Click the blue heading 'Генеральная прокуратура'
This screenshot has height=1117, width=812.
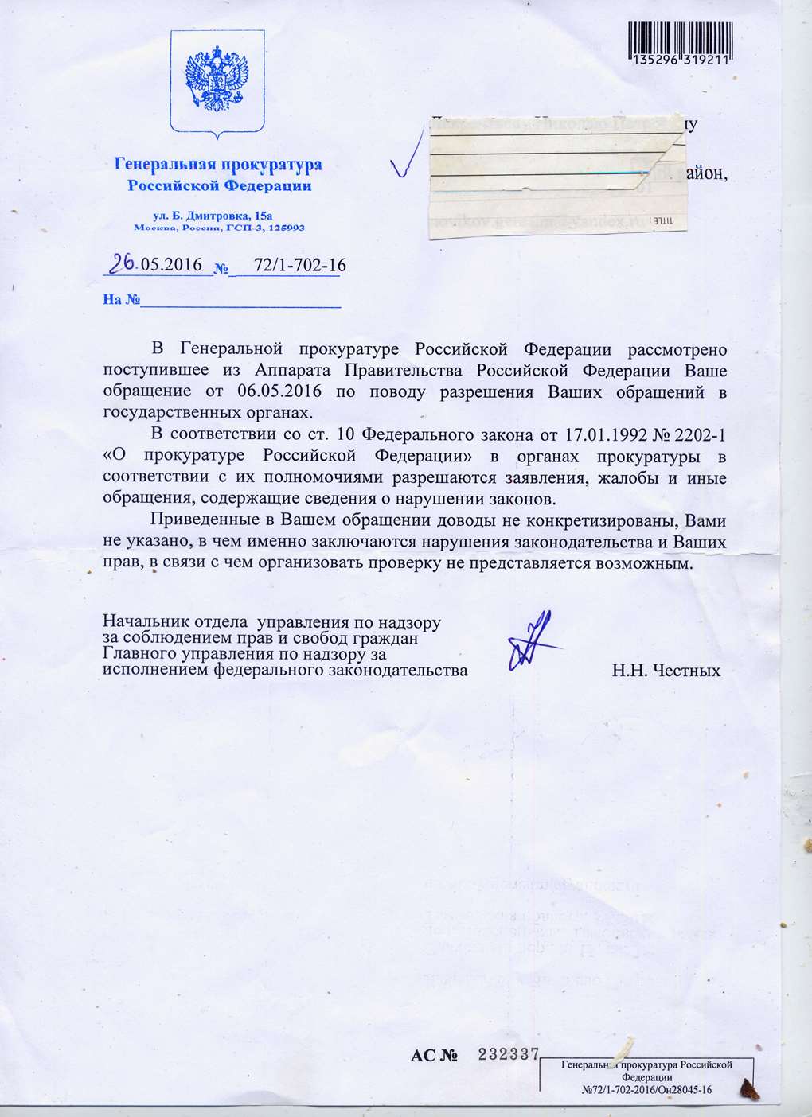click(x=218, y=165)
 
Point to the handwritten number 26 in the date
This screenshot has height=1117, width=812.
click(x=122, y=263)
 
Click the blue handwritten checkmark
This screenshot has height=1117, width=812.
click(x=406, y=163)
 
